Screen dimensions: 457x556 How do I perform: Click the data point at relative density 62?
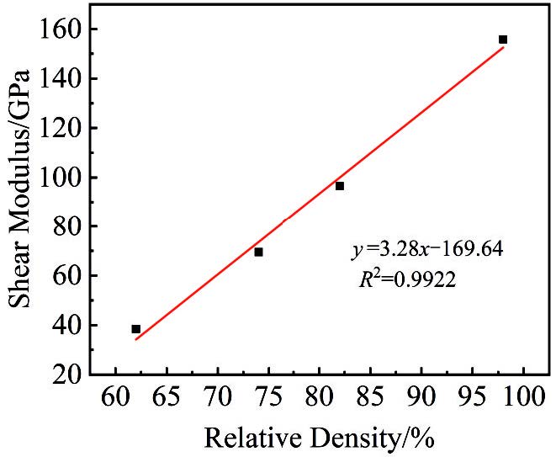(x=136, y=329)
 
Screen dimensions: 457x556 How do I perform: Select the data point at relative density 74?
(x=259, y=252)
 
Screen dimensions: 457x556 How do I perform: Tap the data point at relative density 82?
(x=340, y=186)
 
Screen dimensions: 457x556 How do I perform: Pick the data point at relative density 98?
(x=503, y=40)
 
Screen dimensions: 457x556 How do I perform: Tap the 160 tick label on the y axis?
(x=64, y=29)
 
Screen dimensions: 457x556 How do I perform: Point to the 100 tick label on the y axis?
(x=64, y=178)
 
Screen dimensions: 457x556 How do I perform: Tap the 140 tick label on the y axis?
(x=64, y=79)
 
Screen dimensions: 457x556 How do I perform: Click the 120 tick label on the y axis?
(x=64, y=128)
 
